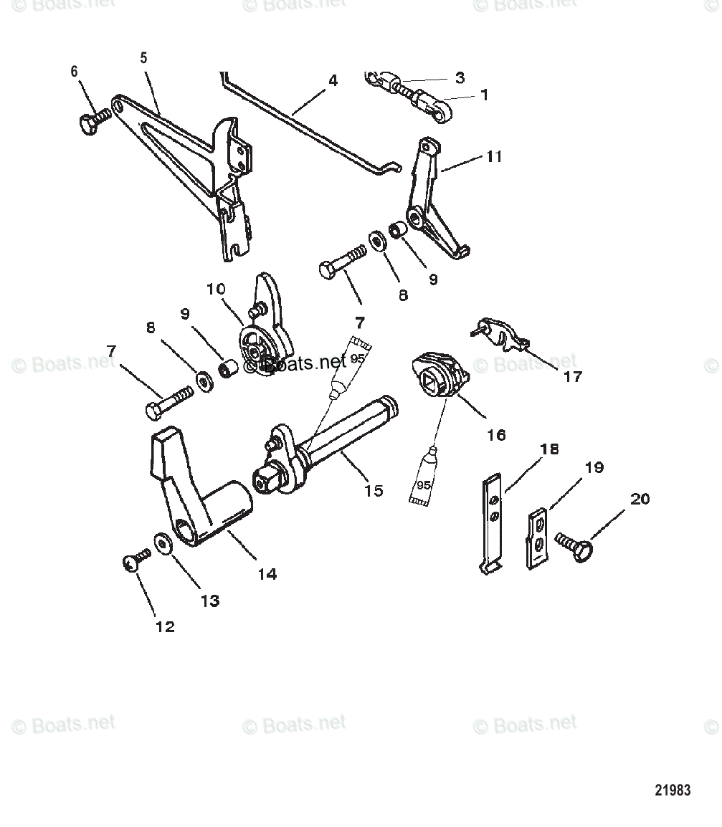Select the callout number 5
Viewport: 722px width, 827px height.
(x=143, y=58)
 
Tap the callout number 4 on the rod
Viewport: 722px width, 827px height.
(x=333, y=81)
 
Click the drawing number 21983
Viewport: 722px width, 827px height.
(x=673, y=790)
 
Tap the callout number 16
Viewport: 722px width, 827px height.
(x=496, y=434)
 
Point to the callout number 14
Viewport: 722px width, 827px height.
(x=267, y=574)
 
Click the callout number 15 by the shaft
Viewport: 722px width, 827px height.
(x=374, y=491)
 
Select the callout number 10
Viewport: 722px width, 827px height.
(x=216, y=290)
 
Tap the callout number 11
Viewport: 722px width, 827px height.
(x=494, y=157)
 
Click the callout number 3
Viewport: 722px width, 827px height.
(x=460, y=77)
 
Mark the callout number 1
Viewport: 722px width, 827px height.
(x=484, y=94)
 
